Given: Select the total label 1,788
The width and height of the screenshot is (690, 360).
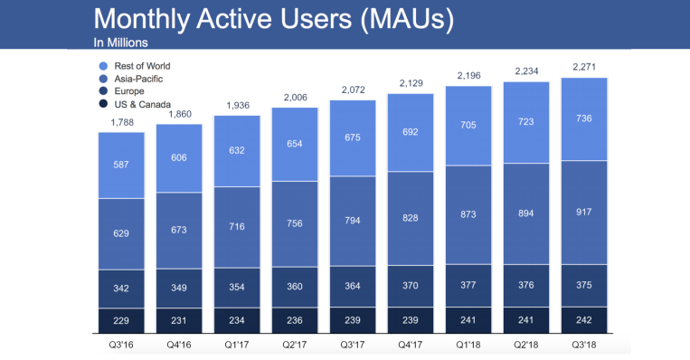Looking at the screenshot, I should [120, 123].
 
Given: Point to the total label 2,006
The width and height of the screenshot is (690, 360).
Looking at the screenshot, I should [295, 98].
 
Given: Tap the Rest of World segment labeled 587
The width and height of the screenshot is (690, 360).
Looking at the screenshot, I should [120, 166].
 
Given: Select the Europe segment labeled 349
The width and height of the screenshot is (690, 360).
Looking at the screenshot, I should [179, 288].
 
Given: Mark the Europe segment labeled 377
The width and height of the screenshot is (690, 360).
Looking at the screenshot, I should [468, 286].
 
